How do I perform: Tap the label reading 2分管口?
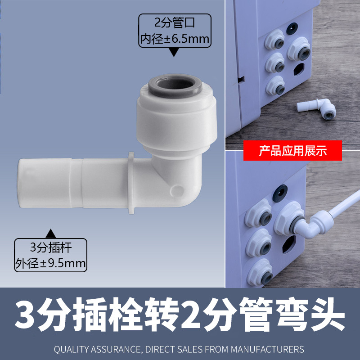pyautogui.click(x=174, y=22)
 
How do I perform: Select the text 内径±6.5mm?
pyautogui.click(x=175, y=39)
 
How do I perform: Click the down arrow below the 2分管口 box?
pyautogui.click(x=174, y=53)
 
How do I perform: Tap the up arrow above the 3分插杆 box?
pyautogui.click(x=51, y=233)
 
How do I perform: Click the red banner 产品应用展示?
pyautogui.click(x=292, y=151)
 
